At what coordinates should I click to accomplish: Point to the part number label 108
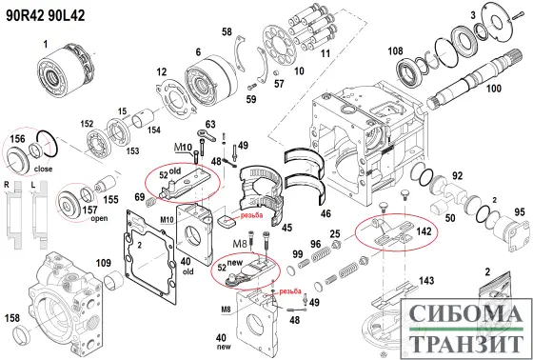click(x=395, y=51)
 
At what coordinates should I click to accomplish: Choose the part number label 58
click(x=227, y=32)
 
